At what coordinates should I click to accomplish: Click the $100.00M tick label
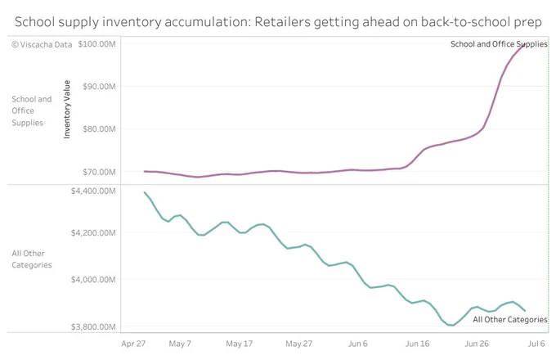[x=96, y=44]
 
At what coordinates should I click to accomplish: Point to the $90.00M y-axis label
[x=99, y=87]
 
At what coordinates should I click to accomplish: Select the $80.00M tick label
[x=99, y=128]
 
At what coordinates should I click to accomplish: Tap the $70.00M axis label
[x=99, y=172]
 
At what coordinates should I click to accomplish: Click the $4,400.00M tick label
[x=93, y=191]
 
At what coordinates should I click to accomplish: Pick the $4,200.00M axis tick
[x=93, y=232]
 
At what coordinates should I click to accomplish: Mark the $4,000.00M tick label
[x=93, y=280]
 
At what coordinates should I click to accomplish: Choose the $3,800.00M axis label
[x=93, y=326]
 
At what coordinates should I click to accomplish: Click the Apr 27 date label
[x=133, y=344]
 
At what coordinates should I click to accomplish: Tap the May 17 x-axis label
[x=240, y=344]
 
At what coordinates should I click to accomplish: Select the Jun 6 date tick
[x=358, y=344]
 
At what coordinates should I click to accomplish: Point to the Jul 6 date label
[x=536, y=344]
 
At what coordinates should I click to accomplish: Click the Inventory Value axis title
[x=67, y=110]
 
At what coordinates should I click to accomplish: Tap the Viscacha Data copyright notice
[x=42, y=45]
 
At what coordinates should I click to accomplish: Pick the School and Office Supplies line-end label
[x=499, y=44]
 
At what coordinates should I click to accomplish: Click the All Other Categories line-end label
[x=510, y=320]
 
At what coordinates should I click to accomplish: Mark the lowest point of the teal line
[x=453, y=326]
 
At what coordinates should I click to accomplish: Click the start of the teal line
[x=145, y=192]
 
